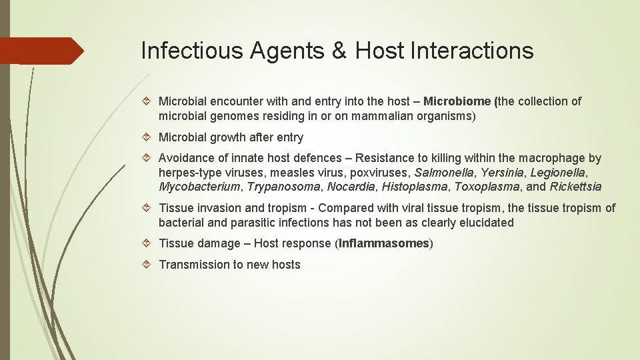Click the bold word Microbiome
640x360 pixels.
pyautogui.click(x=458, y=101)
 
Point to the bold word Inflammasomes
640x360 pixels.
pyautogui.click(x=383, y=243)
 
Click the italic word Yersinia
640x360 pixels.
pyautogui.click(x=502, y=173)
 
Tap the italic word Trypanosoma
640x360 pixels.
pyautogui.click(x=283, y=187)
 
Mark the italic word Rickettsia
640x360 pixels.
pyautogui.click(x=575, y=187)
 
